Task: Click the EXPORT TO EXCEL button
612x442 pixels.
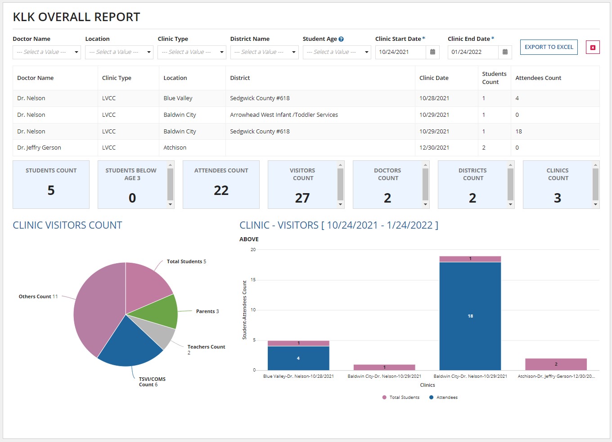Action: pos(549,47)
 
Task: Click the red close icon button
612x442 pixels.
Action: pos(593,47)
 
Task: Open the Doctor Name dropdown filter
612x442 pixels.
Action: pos(46,52)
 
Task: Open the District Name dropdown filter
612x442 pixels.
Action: pos(264,52)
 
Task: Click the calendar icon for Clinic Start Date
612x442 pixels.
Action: pos(432,52)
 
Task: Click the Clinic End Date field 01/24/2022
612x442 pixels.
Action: pos(472,52)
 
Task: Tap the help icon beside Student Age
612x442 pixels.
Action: pos(341,39)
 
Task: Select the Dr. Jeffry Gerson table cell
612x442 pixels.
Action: pos(39,148)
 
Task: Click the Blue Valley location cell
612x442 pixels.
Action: pos(178,98)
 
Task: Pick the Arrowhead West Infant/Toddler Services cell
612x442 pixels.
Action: pos(284,115)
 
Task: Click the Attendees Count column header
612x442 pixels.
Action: pos(538,78)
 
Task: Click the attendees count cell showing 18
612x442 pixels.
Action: pos(519,132)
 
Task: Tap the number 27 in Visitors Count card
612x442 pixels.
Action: pos(302,198)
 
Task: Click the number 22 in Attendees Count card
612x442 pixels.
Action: pos(221,190)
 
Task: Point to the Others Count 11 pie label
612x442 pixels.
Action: pos(38,296)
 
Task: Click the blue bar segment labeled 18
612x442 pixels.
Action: pos(470,316)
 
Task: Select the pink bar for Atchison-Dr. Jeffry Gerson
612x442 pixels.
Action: pos(556,364)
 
